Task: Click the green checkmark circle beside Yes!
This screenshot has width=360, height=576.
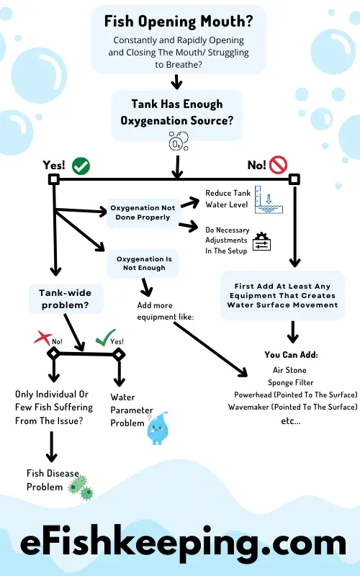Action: (81, 166)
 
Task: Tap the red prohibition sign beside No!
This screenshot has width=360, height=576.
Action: (278, 165)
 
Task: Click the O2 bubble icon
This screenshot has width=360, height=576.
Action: (179, 141)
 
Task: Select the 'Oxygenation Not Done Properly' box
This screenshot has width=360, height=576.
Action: (143, 212)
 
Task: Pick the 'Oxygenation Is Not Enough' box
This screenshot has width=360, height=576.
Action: (143, 264)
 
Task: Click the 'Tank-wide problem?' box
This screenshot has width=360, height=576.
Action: (66, 299)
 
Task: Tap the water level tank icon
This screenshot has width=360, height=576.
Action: (269, 200)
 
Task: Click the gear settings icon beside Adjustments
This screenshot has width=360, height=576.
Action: (261, 241)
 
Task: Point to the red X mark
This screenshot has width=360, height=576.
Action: (43, 337)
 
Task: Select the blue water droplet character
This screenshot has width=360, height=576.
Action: (158, 428)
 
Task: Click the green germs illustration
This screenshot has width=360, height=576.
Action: (81, 488)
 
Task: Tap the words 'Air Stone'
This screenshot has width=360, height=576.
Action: (289, 370)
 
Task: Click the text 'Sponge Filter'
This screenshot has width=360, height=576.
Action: (291, 382)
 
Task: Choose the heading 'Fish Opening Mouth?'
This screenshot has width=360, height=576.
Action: (179, 22)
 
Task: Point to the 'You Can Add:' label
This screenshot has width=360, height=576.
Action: (292, 354)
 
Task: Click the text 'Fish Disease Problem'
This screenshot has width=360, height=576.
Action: (53, 480)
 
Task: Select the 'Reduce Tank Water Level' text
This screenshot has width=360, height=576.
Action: (228, 199)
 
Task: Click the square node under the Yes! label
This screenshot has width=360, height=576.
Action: (53, 179)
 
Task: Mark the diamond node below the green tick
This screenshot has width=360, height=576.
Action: (118, 354)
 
